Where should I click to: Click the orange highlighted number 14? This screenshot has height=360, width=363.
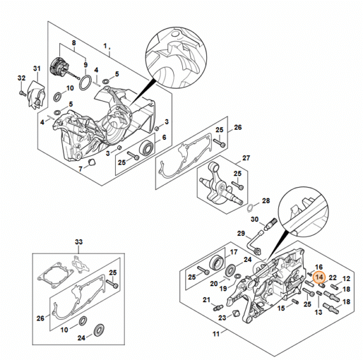click(319, 277)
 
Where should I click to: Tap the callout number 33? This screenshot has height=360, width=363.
click(79, 242)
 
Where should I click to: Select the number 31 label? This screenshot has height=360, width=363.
click(36, 69)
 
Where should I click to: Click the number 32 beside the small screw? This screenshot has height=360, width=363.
click(22, 78)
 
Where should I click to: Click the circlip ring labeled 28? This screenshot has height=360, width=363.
click(250, 208)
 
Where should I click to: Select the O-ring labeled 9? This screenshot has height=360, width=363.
click(85, 83)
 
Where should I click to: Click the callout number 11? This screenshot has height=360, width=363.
click(216, 334)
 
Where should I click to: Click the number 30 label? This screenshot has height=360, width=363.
click(255, 219)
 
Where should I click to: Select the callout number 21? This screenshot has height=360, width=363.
click(206, 300)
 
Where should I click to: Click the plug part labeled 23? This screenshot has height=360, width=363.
click(236, 314)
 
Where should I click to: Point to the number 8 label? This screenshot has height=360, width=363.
click(74, 43)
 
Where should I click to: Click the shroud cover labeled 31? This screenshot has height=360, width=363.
click(36, 95)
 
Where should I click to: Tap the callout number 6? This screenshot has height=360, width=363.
click(164, 137)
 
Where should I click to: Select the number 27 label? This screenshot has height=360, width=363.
click(246, 158)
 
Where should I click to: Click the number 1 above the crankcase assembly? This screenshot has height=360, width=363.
click(105, 46)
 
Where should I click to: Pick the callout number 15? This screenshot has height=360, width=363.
click(281, 308)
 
